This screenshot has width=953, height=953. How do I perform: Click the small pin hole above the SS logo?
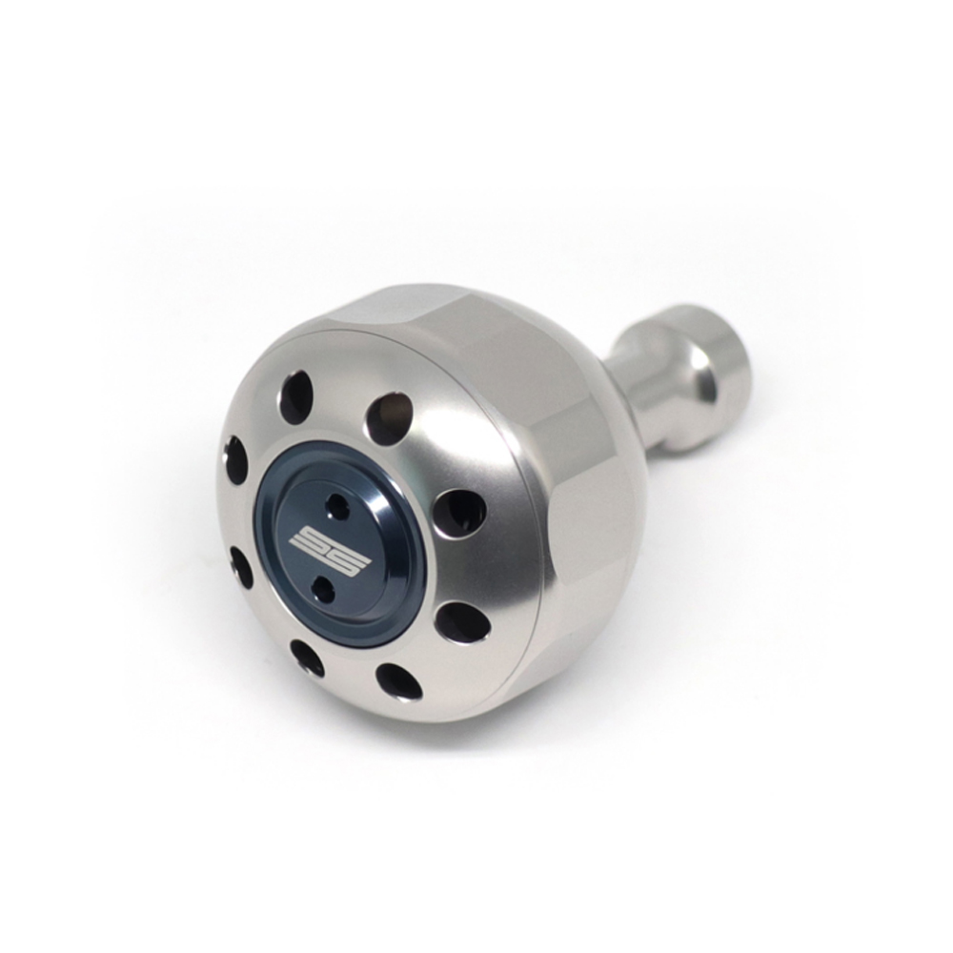coord(335,503)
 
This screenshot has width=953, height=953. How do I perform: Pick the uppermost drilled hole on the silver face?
coord(295,390)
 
